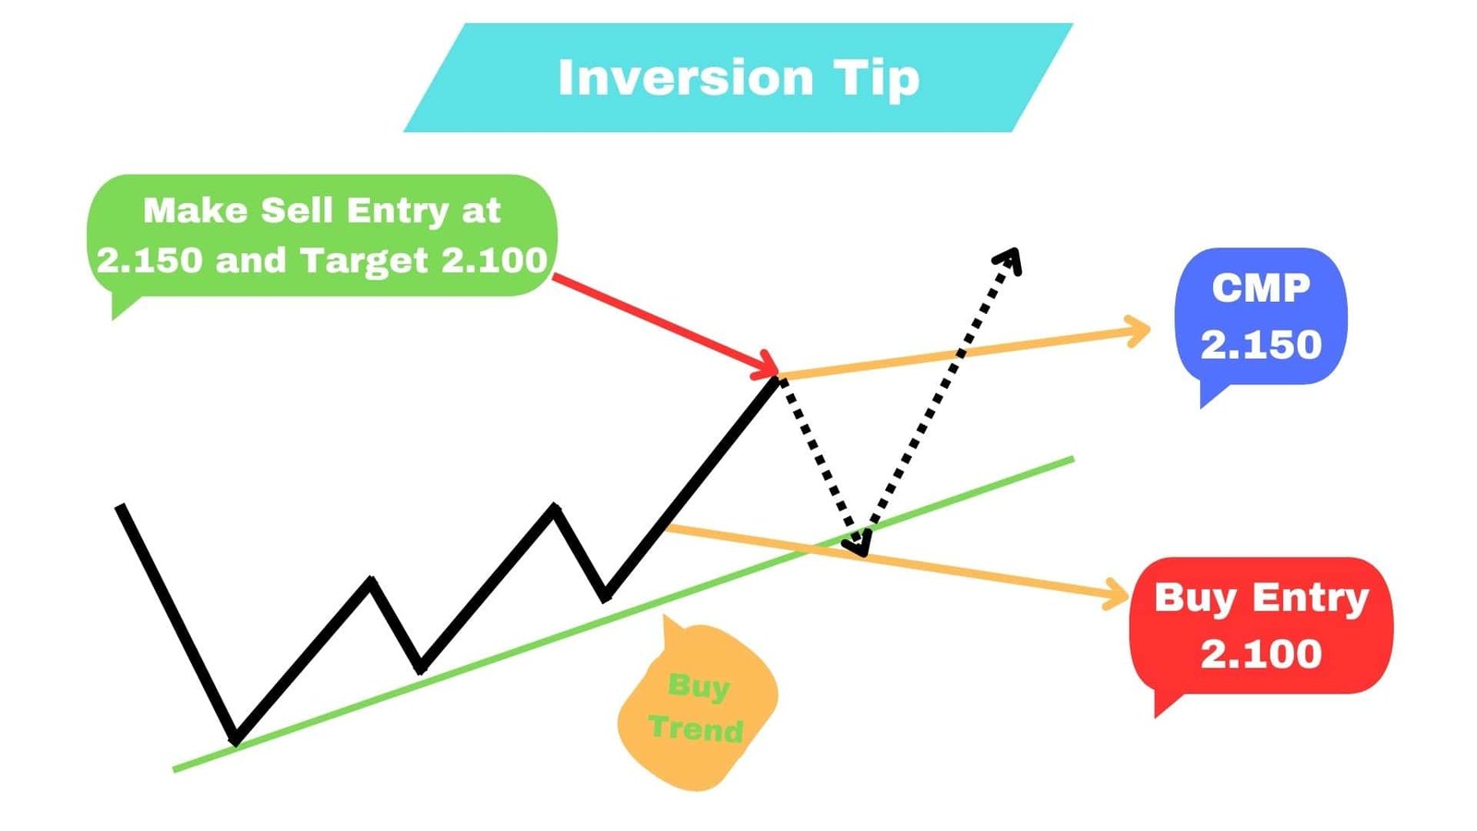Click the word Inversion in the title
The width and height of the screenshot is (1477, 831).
pyautogui.click(x=685, y=78)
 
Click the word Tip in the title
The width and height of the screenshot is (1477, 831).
pyautogui.click(x=878, y=79)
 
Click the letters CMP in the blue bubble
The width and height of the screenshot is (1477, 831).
pyautogui.click(x=1260, y=288)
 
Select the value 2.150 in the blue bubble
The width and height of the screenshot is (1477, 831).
pyautogui.click(x=1260, y=344)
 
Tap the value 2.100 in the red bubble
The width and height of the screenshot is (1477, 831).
pyautogui.click(x=1260, y=654)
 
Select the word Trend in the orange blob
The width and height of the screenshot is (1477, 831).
pyautogui.click(x=696, y=729)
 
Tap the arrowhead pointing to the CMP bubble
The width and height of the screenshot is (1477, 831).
pyautogui.click(x=1141, y=329)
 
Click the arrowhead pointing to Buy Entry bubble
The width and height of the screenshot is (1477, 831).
pyautogui.click(x=1119, y=595)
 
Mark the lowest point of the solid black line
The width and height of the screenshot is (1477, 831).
pyautogui.click(x=236, y=740)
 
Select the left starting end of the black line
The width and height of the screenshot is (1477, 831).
pyautogui.click(x=120, y=507)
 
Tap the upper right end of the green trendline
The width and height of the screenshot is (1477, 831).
pyautogui.click(x=1072, y=458)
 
